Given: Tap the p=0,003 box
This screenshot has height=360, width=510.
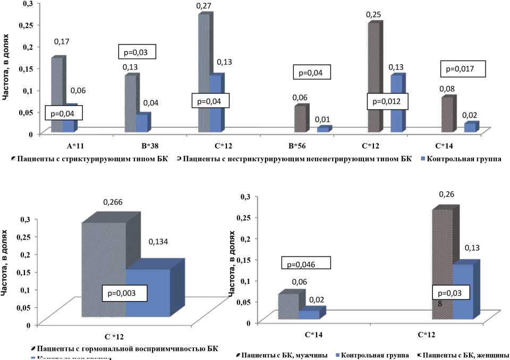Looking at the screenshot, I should click(124, 292).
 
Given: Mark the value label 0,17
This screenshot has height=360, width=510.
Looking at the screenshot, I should click(63, 41).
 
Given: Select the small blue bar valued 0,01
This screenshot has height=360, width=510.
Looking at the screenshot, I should click(323, 129).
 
